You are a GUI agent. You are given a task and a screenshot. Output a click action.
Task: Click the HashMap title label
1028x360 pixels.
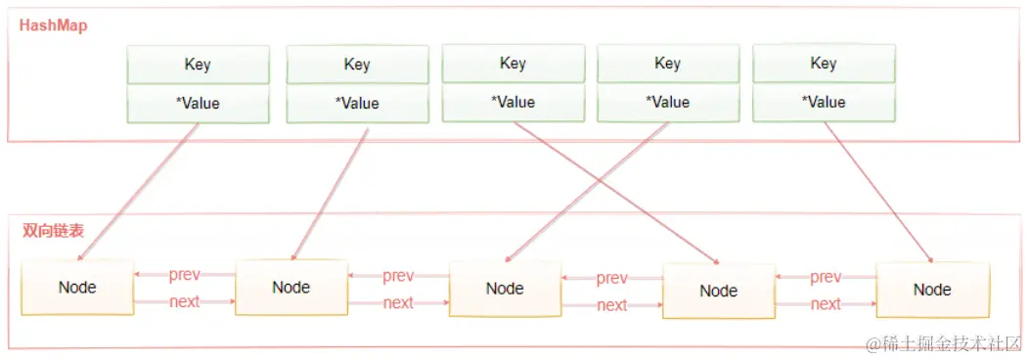54,26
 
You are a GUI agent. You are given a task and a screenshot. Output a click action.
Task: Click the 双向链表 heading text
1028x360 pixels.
53,232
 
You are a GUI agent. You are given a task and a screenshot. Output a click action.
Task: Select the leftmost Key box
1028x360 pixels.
198,65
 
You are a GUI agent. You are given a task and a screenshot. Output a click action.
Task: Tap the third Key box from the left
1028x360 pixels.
513,64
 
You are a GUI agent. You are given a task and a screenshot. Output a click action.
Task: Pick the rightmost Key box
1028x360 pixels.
824,64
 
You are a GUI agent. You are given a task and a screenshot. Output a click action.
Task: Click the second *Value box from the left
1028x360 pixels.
357,103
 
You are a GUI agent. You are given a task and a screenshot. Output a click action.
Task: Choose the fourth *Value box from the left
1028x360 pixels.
667,102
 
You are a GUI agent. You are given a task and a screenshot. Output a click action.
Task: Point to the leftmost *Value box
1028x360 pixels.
198,103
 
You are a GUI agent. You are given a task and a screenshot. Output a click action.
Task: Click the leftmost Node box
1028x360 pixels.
77,288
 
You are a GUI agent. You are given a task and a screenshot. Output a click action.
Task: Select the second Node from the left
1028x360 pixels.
291,288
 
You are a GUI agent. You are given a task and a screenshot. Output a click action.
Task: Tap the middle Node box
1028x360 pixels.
505,289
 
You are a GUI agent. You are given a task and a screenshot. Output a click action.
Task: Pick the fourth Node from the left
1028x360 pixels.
719,291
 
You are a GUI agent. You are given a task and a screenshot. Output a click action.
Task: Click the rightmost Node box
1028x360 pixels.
932,290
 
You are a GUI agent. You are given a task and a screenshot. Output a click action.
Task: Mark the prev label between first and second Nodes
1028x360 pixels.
184,275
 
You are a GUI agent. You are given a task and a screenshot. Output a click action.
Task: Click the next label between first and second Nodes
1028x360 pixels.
184,302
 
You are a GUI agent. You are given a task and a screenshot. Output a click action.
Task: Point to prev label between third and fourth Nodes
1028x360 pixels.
611,279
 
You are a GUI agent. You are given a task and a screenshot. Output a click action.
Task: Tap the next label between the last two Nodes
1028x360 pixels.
826,304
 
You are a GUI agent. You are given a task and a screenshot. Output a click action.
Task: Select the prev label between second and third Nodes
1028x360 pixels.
398,277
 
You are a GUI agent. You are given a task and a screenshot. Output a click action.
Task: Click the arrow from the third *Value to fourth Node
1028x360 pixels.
616,194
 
